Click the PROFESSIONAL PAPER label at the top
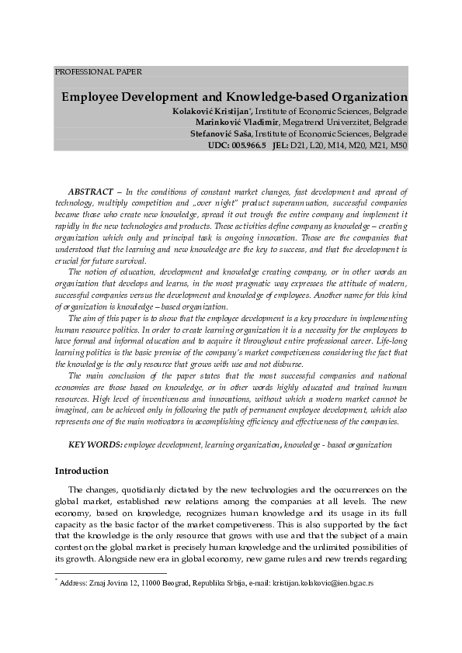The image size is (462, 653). pyautogui.click(x=98, y=71)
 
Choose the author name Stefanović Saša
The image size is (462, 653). pyautogui.click(x=224, y=133)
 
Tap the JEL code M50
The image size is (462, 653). pyautogui.click(x=398, y=145)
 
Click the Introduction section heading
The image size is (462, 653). pyautogui.click(x=82, y=471)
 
